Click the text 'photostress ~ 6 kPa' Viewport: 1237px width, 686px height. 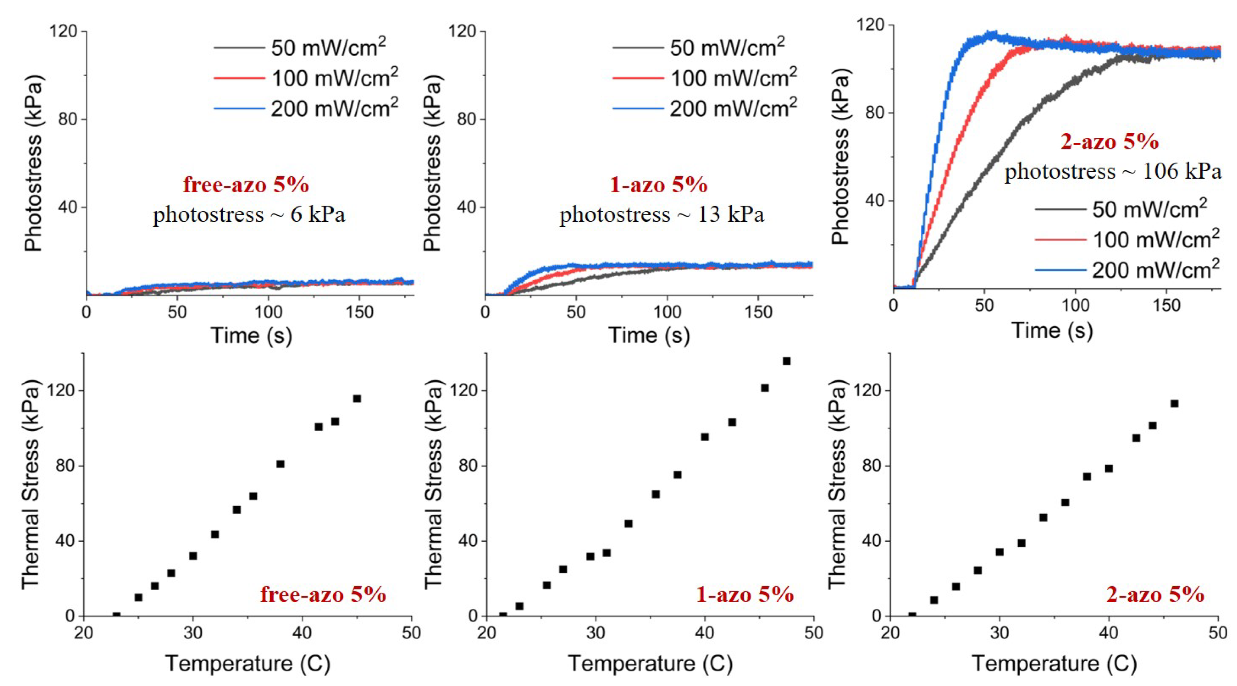(x=249, y=215)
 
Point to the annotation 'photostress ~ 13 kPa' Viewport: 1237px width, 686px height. (x=661, y=215)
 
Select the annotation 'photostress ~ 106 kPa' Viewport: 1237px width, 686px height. (x=1113, y=171)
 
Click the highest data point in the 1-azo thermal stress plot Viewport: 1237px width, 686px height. (x=787, y=361)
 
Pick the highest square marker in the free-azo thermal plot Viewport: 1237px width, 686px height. (x=357, y=398)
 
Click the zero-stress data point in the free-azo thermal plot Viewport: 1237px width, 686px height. (x=116, y=615)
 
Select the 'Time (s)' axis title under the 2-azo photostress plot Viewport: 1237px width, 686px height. (x=1052, y=330)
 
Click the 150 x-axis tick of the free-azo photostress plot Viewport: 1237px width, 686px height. (x=359, y=312)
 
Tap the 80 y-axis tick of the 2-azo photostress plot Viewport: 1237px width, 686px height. (x=874, y=113)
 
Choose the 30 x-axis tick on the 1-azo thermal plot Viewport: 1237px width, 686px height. (x=595, y=633)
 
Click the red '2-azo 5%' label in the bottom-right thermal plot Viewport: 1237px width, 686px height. (x=1155, y=595)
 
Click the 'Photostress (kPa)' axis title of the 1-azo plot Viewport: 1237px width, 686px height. (x=433, y=163)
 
